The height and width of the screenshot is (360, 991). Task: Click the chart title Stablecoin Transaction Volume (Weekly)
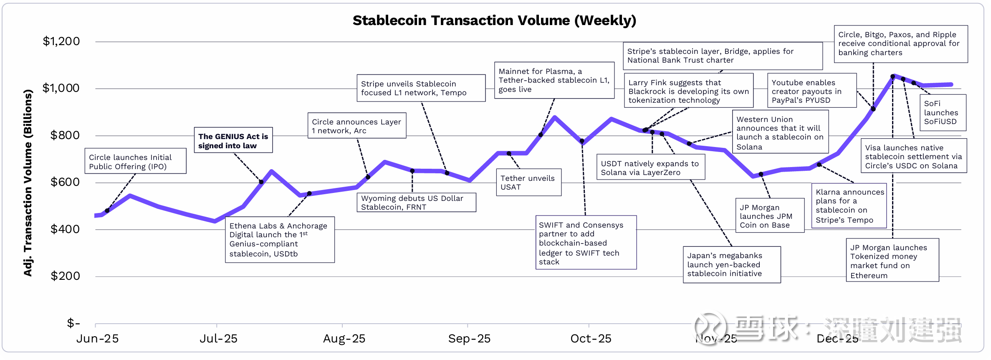(x=494, y=20)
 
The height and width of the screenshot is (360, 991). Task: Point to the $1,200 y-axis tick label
(x=61, y=41)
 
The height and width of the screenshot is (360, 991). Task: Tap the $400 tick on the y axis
(x=65, y=229)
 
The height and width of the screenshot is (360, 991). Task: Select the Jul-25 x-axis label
(x=218, y=339)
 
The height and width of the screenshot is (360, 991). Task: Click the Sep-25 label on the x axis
(x=469, y=339)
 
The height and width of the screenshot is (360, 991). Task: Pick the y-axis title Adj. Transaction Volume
(x=28, y=183)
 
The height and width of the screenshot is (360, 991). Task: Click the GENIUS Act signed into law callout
(x=233, y=141)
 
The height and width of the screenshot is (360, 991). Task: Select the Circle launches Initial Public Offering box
(x=135, y=161)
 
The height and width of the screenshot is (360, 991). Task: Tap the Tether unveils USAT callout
(x=528, y=183)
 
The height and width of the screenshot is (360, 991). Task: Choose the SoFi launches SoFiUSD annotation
(x=942, y=113)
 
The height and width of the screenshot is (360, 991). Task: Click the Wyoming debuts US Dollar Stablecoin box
(x=416, y=203)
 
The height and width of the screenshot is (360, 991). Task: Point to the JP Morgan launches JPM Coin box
(x=769, y=216)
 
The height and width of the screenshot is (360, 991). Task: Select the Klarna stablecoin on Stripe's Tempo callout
(x=849, y=206)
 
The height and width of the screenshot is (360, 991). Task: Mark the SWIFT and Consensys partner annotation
(x=586, y=243)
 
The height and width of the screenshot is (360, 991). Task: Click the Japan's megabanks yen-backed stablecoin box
(x=731, y=264)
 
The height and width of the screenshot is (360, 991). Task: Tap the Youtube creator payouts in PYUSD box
(x=812, y=91)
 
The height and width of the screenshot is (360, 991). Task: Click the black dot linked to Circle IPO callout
(x=107, y=210)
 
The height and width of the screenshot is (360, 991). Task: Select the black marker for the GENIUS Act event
(x=261, y=182)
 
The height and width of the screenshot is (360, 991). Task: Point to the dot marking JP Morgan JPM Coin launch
(x=761, y=174)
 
